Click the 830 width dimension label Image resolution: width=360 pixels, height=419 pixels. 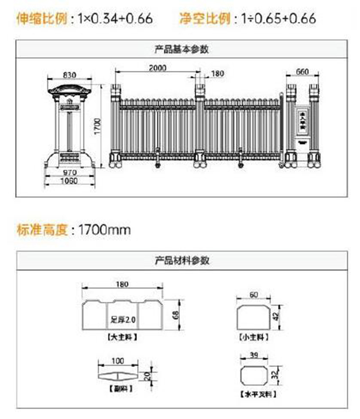(69, 75)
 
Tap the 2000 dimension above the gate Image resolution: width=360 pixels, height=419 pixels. (157, 68)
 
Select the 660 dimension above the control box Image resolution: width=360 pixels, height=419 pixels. (303, 71)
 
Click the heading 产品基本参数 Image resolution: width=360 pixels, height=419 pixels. (182, 49)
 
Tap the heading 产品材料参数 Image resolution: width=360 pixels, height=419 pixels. (182, 260)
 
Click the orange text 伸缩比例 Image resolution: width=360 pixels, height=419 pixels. (42, 18)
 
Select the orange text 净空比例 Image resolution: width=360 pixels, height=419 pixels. (205, 18)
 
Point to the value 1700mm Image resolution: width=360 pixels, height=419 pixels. (104, 230)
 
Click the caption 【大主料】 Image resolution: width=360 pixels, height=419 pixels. (122, 336)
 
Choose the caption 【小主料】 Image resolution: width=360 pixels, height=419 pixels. (254, 337)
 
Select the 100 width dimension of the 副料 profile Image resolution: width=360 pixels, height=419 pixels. (118, 361)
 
